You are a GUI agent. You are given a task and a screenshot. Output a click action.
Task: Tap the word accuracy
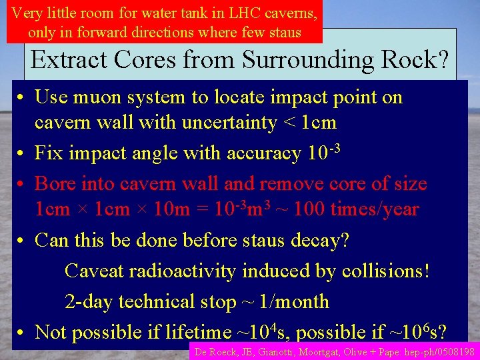click(264, 153)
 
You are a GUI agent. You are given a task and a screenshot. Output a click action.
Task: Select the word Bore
click(53, 183)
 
